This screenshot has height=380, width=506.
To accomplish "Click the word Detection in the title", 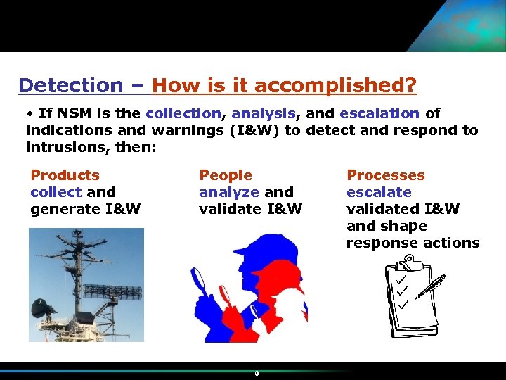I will pyautogui.click(x=70, y=86).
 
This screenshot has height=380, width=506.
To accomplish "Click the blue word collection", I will pyautogui.click(x=183, y=113).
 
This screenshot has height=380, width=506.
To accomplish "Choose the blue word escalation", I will pyautogui.click(x=379, y=113).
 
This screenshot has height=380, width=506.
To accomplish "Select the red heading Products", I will pyautogui.click(x=65, y=175).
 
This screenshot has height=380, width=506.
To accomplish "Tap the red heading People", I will pyautogui.click(x=225, y=175).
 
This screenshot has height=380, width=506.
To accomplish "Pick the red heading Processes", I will pyautogui.click(x=385, y=175).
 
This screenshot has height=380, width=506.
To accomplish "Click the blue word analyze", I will pyautogui.click(x=229, y=192).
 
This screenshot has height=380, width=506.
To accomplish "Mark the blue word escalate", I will pyautogui.click(x=379, y=192).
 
